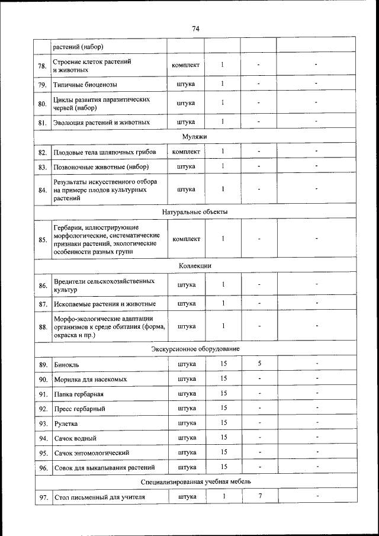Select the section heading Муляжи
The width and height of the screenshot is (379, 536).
click(195, 137)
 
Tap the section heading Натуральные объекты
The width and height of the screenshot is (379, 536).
click(195, 211)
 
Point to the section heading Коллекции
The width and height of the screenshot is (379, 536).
click(195, 267)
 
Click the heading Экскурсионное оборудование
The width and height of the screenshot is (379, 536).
click(195, 348)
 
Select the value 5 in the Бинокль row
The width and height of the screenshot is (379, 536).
click(259, 364)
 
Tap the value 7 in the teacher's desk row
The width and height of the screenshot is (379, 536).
click(260, 496)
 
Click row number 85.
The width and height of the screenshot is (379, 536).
click(43, 240)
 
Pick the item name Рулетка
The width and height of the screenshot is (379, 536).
click(65, 423)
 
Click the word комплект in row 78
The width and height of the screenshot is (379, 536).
click(186, 65)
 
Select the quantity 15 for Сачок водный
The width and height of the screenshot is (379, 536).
click(223, 438)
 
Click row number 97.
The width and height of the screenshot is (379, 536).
click(43, 498)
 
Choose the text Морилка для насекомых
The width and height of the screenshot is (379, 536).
click(90, 379)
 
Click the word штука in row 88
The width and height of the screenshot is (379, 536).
click(186, 326)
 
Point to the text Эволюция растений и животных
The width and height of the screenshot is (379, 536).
click(101, 122)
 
